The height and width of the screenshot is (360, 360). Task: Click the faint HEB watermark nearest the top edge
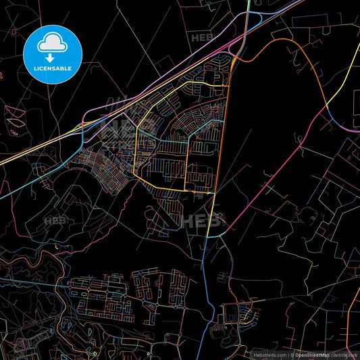tap(201, 38)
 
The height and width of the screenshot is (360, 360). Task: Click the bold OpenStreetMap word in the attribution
tap(313, 354)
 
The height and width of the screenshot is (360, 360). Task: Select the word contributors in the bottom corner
tap(344, 354)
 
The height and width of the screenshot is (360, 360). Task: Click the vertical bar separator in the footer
tap(288, 354)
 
